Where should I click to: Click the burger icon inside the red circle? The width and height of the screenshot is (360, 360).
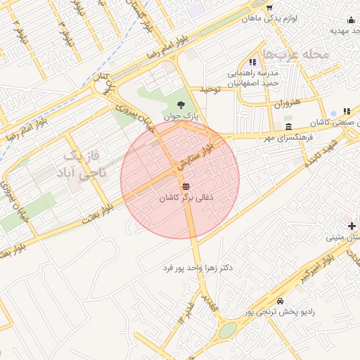186,186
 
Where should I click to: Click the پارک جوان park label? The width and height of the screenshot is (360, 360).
182,116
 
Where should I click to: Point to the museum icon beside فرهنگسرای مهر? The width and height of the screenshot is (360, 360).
289,126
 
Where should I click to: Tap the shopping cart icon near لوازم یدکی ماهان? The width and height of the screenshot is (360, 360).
269,7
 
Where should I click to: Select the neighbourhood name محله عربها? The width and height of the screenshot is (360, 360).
295,54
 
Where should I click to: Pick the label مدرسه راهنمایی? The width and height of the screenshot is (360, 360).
253,74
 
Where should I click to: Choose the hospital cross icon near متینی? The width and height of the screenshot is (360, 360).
352,225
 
